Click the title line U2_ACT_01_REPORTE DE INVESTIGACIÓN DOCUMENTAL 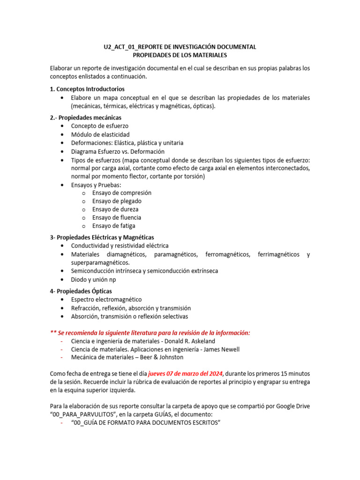tap(180, 47)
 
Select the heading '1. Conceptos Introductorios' tap(87, 89)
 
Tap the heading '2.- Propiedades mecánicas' tap(85, 118)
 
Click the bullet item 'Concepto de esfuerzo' tap(99, 126)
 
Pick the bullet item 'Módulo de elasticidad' tap(100, 135)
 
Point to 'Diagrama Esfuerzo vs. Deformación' tap(118, 151)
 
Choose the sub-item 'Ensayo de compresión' tap(121, 193)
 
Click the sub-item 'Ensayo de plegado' tap(117, 201)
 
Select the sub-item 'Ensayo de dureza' tap(115, 210)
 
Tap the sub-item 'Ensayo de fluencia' tap(117, 217)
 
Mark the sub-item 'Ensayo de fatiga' tap(114, 226)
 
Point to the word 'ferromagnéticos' tap(227, 255)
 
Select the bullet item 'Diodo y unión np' tap(93, 279)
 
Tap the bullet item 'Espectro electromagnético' tap(106, 300)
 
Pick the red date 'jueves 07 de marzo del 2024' tap(186, 373)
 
